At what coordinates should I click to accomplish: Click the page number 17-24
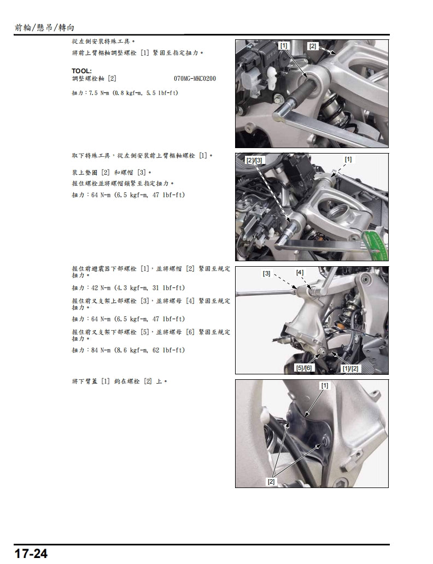pos(31,554)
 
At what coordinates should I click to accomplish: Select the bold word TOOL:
pos(81,71)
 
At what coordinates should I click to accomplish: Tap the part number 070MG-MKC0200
pos(195,79)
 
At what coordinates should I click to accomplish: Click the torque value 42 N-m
pos(100,287)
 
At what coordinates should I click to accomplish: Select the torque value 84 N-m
pos(100,349)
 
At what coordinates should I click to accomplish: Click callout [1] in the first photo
pos(283,46)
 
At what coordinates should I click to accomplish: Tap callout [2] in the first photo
pos(312,46)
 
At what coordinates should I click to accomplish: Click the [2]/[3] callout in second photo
pos(255,160)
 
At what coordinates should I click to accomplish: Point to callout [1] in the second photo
pos(348,159)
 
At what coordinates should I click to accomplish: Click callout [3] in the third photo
pos(266,273)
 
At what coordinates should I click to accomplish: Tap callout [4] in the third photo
pos(300,272)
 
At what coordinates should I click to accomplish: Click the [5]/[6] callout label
pos(303,368)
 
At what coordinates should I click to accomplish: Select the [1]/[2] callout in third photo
pos(350,368)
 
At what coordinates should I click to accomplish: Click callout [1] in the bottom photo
pos(325,385)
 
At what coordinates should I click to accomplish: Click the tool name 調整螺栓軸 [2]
pos(93,79)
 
